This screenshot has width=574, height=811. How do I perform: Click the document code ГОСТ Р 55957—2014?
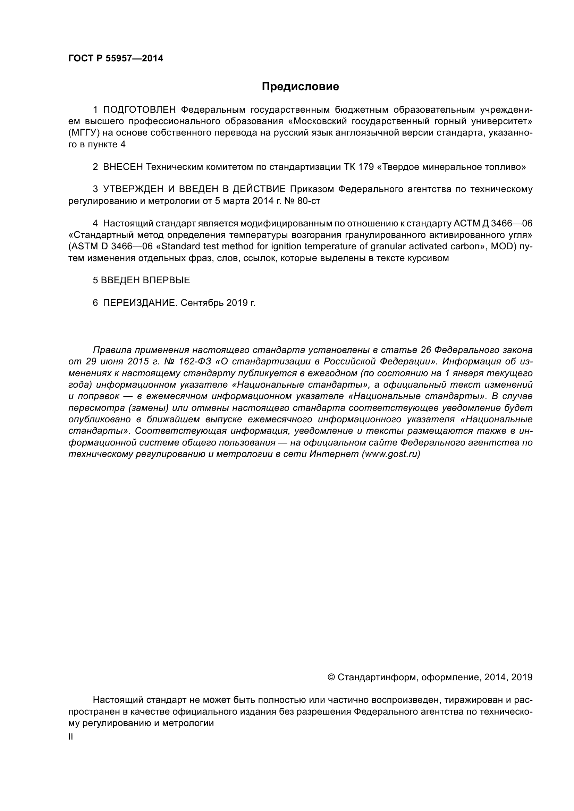[116, 59]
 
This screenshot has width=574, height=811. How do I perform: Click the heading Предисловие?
[300, 87]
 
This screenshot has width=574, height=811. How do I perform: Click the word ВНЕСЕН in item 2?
[123, 167]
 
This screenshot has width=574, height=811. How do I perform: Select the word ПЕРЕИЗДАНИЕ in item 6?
[140, 303]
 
